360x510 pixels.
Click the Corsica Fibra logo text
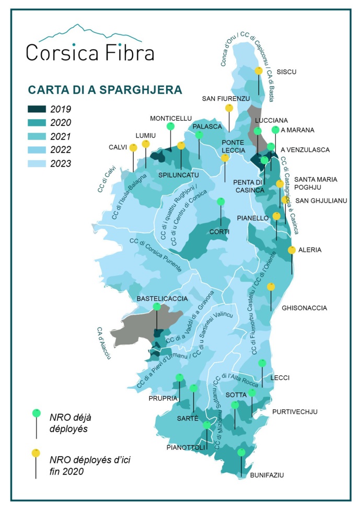[89, 52]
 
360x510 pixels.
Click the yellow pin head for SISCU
[259, 71]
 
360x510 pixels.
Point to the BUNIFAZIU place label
[266, 475]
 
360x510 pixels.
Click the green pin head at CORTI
[221, 202]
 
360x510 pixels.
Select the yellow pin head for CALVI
[133, 147]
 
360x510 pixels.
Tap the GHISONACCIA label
[304, 308]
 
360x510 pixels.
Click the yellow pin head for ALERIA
[292, 250]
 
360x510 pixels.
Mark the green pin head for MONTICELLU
[170, 126]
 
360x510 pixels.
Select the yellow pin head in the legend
[36, 453]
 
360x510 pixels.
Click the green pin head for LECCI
[262, 363]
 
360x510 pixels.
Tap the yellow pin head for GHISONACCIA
[271, 286]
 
